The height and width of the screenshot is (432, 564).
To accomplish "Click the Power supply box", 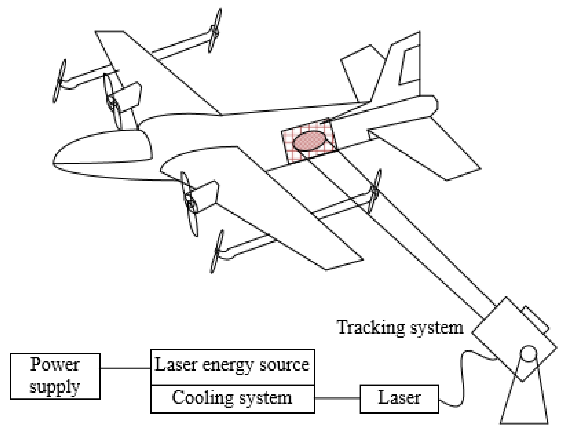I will click(55, 376).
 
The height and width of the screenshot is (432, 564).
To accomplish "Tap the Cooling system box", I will click(232, 398).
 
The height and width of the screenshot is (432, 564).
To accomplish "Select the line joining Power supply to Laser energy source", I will click(125, 368).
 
